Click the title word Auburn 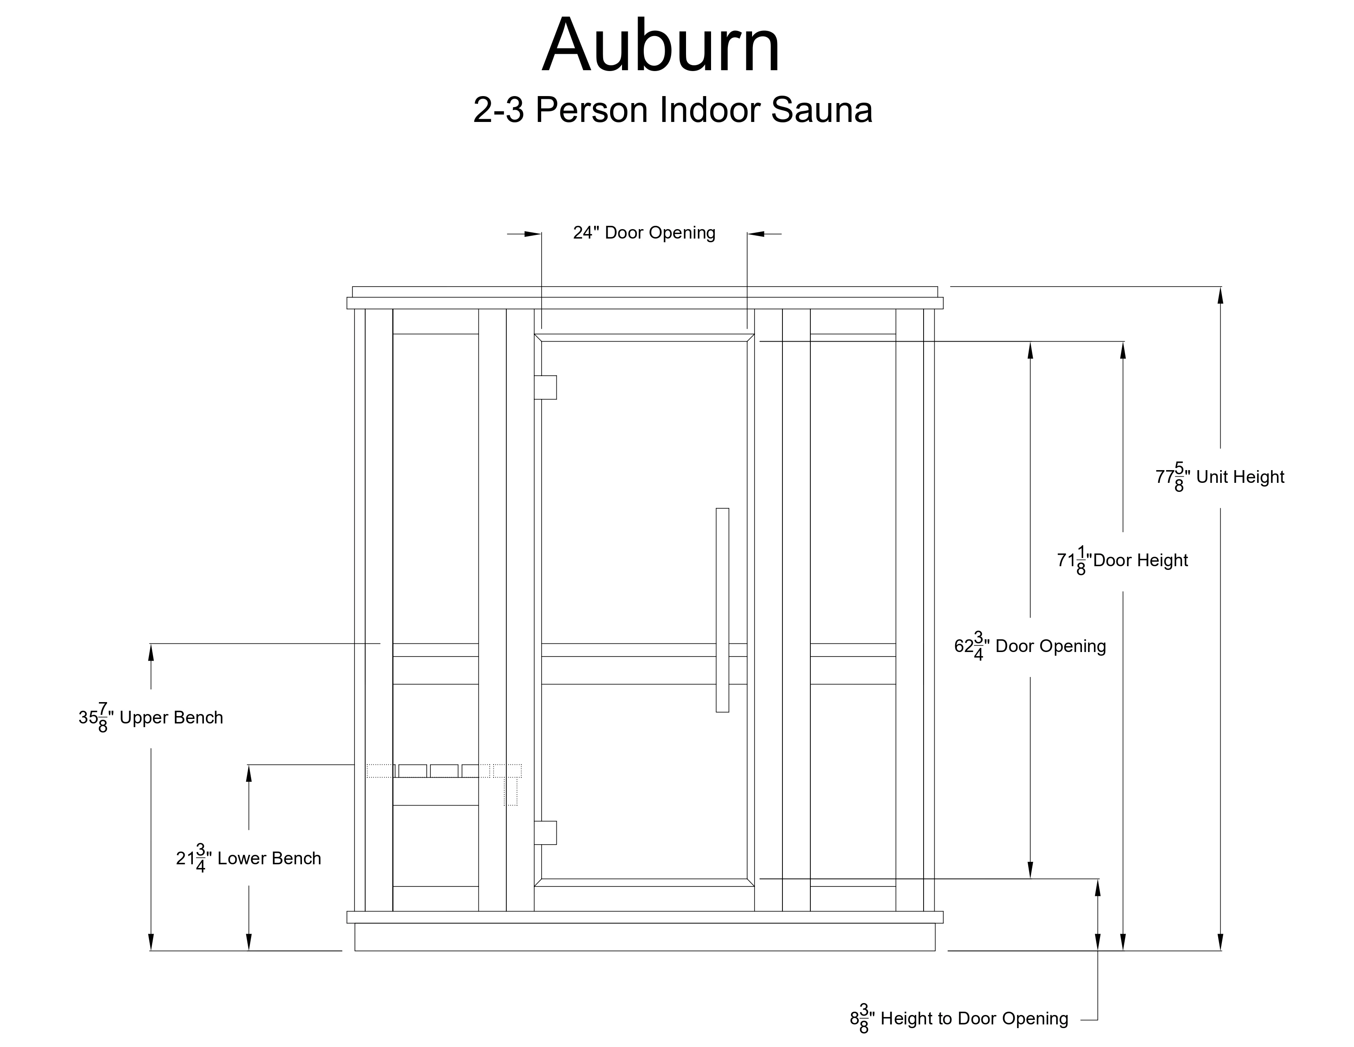661,46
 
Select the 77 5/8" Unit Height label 1219,477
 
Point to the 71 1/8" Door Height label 1122,561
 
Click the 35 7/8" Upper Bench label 151,718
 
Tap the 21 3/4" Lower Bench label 249,859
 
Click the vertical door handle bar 722,610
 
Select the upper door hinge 546,387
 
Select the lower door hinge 546,832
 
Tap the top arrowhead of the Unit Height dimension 1221,295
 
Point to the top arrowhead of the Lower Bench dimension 249,774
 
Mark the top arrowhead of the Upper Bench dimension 151,652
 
